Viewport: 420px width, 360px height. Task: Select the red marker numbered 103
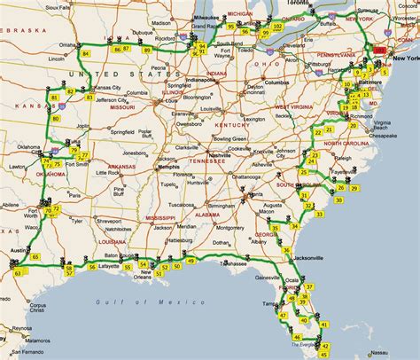click(x=380, y=52)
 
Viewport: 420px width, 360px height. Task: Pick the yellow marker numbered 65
click(x=35, y=257)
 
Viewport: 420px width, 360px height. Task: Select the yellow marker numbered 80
click(x=57, y=118)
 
